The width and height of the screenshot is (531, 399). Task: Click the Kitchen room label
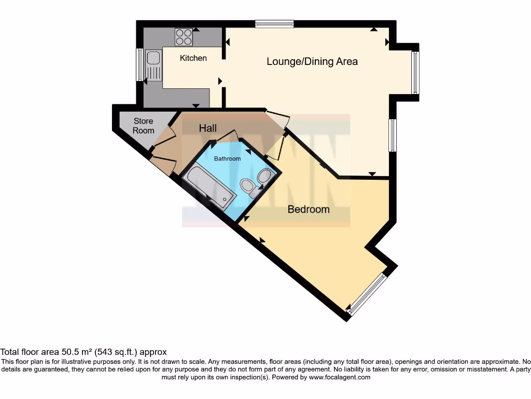point(193,58)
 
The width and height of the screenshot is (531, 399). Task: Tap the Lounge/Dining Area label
point(312,61)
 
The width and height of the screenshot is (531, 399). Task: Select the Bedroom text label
point(309,209)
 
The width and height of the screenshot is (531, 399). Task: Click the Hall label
point(207,128)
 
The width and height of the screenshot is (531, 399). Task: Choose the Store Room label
point(143,126)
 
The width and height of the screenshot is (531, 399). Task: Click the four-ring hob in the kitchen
point(184,36)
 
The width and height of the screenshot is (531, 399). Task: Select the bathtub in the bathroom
point(211,188)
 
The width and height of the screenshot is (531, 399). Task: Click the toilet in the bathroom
point(250,187)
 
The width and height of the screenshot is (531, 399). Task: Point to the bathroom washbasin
point(265,177)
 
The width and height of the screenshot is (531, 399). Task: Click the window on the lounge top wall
point(274,23)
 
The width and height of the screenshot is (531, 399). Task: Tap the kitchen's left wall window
point(139,64)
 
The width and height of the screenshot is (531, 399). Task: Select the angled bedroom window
point(367,295)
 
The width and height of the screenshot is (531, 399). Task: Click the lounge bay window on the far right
point(415,73)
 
